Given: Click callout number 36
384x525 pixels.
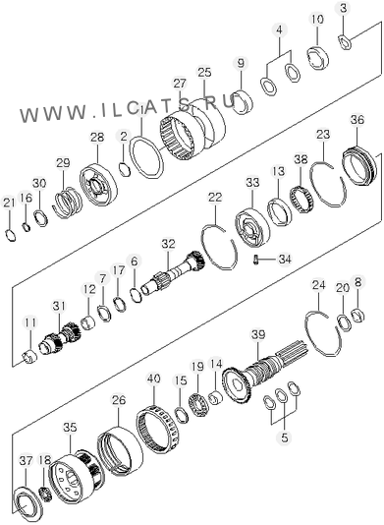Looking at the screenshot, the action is pyautogui.click(x=357, y=120).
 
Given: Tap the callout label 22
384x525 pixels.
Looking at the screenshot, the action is pyautogui.click(x=215, y=197).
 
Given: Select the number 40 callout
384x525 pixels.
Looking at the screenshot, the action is pyautogui.click(x=154, y=379).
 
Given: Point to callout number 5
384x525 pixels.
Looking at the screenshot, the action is pyautogui.click(x=285, y=437).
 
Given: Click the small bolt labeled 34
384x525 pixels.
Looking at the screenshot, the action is pyautogui.click(x=255, y=260).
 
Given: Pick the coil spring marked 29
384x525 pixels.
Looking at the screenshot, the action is pyautogui.click(x=67, y=203).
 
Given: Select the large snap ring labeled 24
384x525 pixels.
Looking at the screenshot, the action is pyautogui.click(x=324, y=333).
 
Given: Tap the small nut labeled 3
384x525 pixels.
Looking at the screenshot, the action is pyautogui.click(x=344, y=41).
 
